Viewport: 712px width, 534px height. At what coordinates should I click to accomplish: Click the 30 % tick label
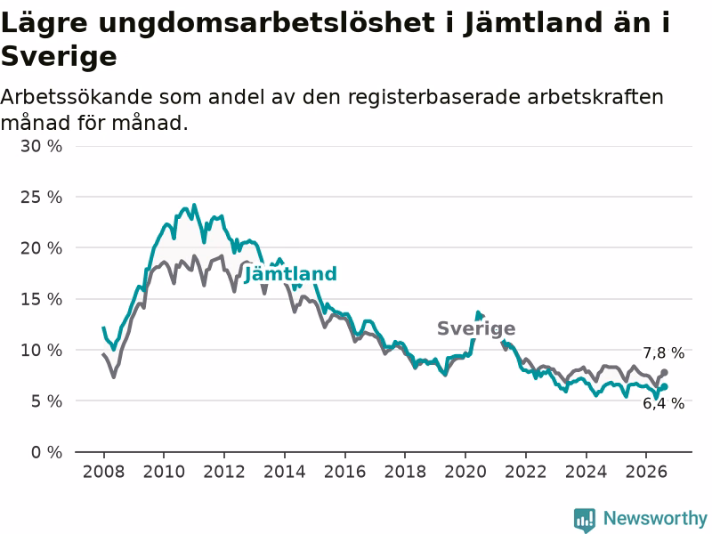tap(41, 146)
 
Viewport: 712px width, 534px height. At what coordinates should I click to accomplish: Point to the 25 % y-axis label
tap(41, 197)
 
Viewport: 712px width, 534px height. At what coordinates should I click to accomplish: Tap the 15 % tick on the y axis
tap(41, 299)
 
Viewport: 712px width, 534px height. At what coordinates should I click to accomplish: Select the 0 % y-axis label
tap(47, 452)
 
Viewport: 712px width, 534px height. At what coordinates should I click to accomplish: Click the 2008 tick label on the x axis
tap(103, 472)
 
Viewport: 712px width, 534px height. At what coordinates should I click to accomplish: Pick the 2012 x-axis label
tap(224, 472)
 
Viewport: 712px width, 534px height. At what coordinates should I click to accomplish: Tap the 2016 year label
tap(344, 472)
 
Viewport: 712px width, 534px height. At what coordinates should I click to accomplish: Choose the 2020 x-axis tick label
tap(465, 472)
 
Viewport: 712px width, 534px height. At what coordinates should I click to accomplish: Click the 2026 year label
tap(646, 472)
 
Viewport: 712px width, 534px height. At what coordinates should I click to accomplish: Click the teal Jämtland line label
tap(291, 274)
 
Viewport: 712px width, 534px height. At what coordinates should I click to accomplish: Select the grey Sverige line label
tap(476, 328)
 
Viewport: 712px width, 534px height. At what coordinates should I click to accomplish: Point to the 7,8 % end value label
tap(663, 352)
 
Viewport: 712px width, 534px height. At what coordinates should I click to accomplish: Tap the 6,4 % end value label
tap(663, 403)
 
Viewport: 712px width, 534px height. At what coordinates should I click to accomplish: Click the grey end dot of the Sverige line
tap(664, 372)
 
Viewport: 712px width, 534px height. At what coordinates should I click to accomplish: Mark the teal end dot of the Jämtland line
tap(664, 387)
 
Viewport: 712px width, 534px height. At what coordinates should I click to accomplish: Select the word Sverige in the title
tap(59, 57)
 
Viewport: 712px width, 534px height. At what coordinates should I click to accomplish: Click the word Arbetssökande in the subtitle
tap(77, 97)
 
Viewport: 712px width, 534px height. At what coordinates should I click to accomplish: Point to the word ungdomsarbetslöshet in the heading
tap(266, 23)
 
